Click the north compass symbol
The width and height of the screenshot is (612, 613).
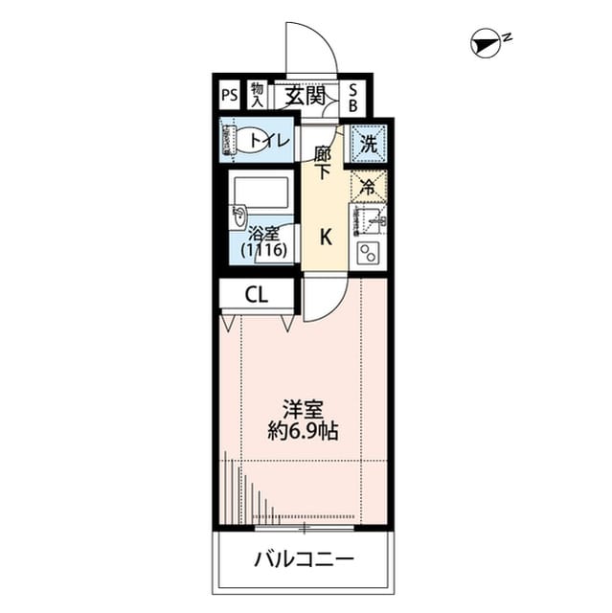[487, 42]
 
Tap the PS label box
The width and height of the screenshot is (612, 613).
[228, 96]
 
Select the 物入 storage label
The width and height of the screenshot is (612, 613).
[257, 95]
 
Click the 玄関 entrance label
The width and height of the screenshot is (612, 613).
[303, 96]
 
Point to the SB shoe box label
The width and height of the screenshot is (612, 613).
[352, 96]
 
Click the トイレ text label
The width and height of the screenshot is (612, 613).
[270, 142]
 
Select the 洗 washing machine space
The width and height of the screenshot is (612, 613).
[368, 145]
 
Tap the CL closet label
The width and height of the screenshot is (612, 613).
[256, 295]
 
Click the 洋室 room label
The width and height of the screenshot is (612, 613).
[303, 410]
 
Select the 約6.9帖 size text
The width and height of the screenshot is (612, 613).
[303, 431]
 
